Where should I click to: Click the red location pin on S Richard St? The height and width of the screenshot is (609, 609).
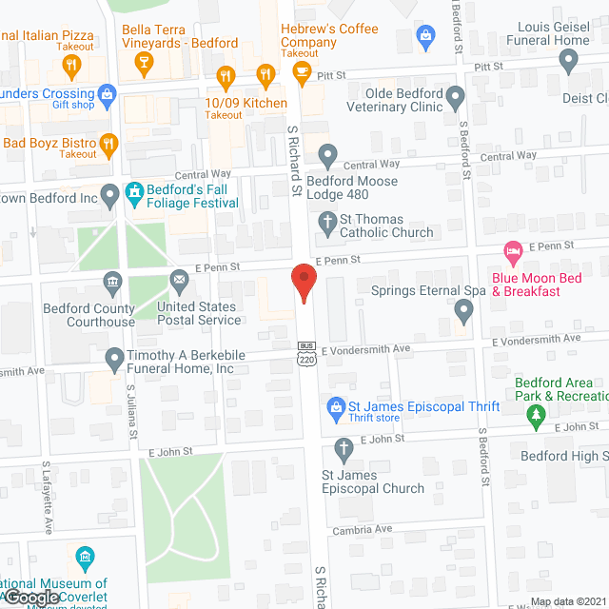303,284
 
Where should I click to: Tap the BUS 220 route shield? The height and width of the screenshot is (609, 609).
305,353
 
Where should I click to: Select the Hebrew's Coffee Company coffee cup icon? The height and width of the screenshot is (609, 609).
302,72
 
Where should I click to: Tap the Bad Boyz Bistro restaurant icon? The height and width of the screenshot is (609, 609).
108,145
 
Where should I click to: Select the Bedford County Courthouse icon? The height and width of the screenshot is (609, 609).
112,281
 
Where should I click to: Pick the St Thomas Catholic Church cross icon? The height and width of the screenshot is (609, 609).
328,225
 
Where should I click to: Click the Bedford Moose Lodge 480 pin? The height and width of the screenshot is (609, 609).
328,153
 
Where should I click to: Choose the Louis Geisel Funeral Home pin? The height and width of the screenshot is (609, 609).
569,62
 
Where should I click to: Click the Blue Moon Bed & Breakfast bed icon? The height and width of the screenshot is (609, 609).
513,254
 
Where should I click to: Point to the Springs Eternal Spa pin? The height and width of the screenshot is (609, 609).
463,309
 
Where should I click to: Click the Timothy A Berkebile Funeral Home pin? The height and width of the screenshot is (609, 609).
111,360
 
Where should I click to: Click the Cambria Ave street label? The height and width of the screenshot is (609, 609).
363,529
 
